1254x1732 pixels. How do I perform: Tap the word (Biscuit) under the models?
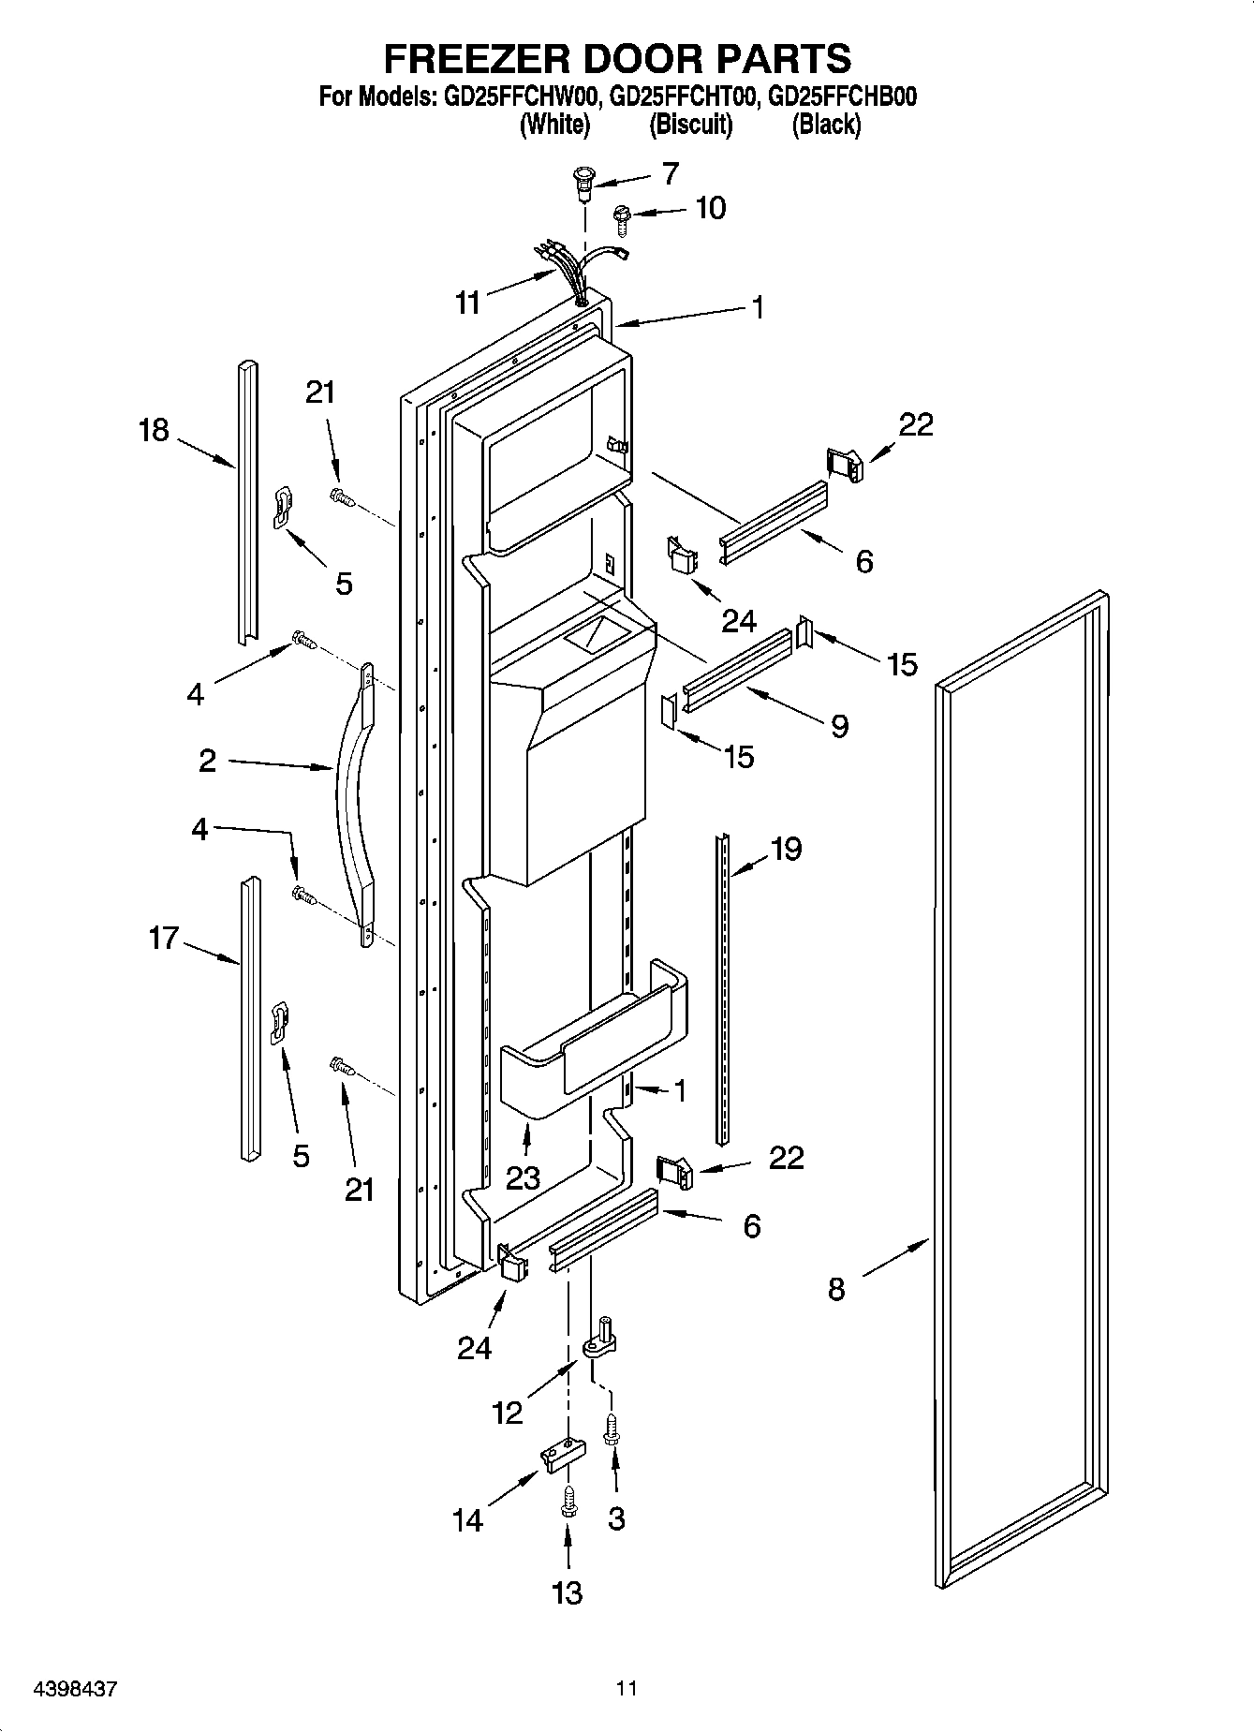click(x=690, y=124)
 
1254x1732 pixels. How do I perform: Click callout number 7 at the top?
click(x=670, y=173)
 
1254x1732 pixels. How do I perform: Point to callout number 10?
click(x=711, y=208)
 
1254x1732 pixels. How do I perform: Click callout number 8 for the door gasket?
click(x=836, y=1289)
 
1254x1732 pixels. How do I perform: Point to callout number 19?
click(x=786, y=849)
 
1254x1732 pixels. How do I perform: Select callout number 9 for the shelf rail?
click(x=839, y=725)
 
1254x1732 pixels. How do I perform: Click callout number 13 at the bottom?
click(x=568, y=1591)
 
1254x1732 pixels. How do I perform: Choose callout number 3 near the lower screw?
click(x=615, y=1518)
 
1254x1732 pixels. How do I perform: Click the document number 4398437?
click(x=75, y=1689)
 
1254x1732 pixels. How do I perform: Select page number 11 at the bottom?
click(x=627, y=1689)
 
